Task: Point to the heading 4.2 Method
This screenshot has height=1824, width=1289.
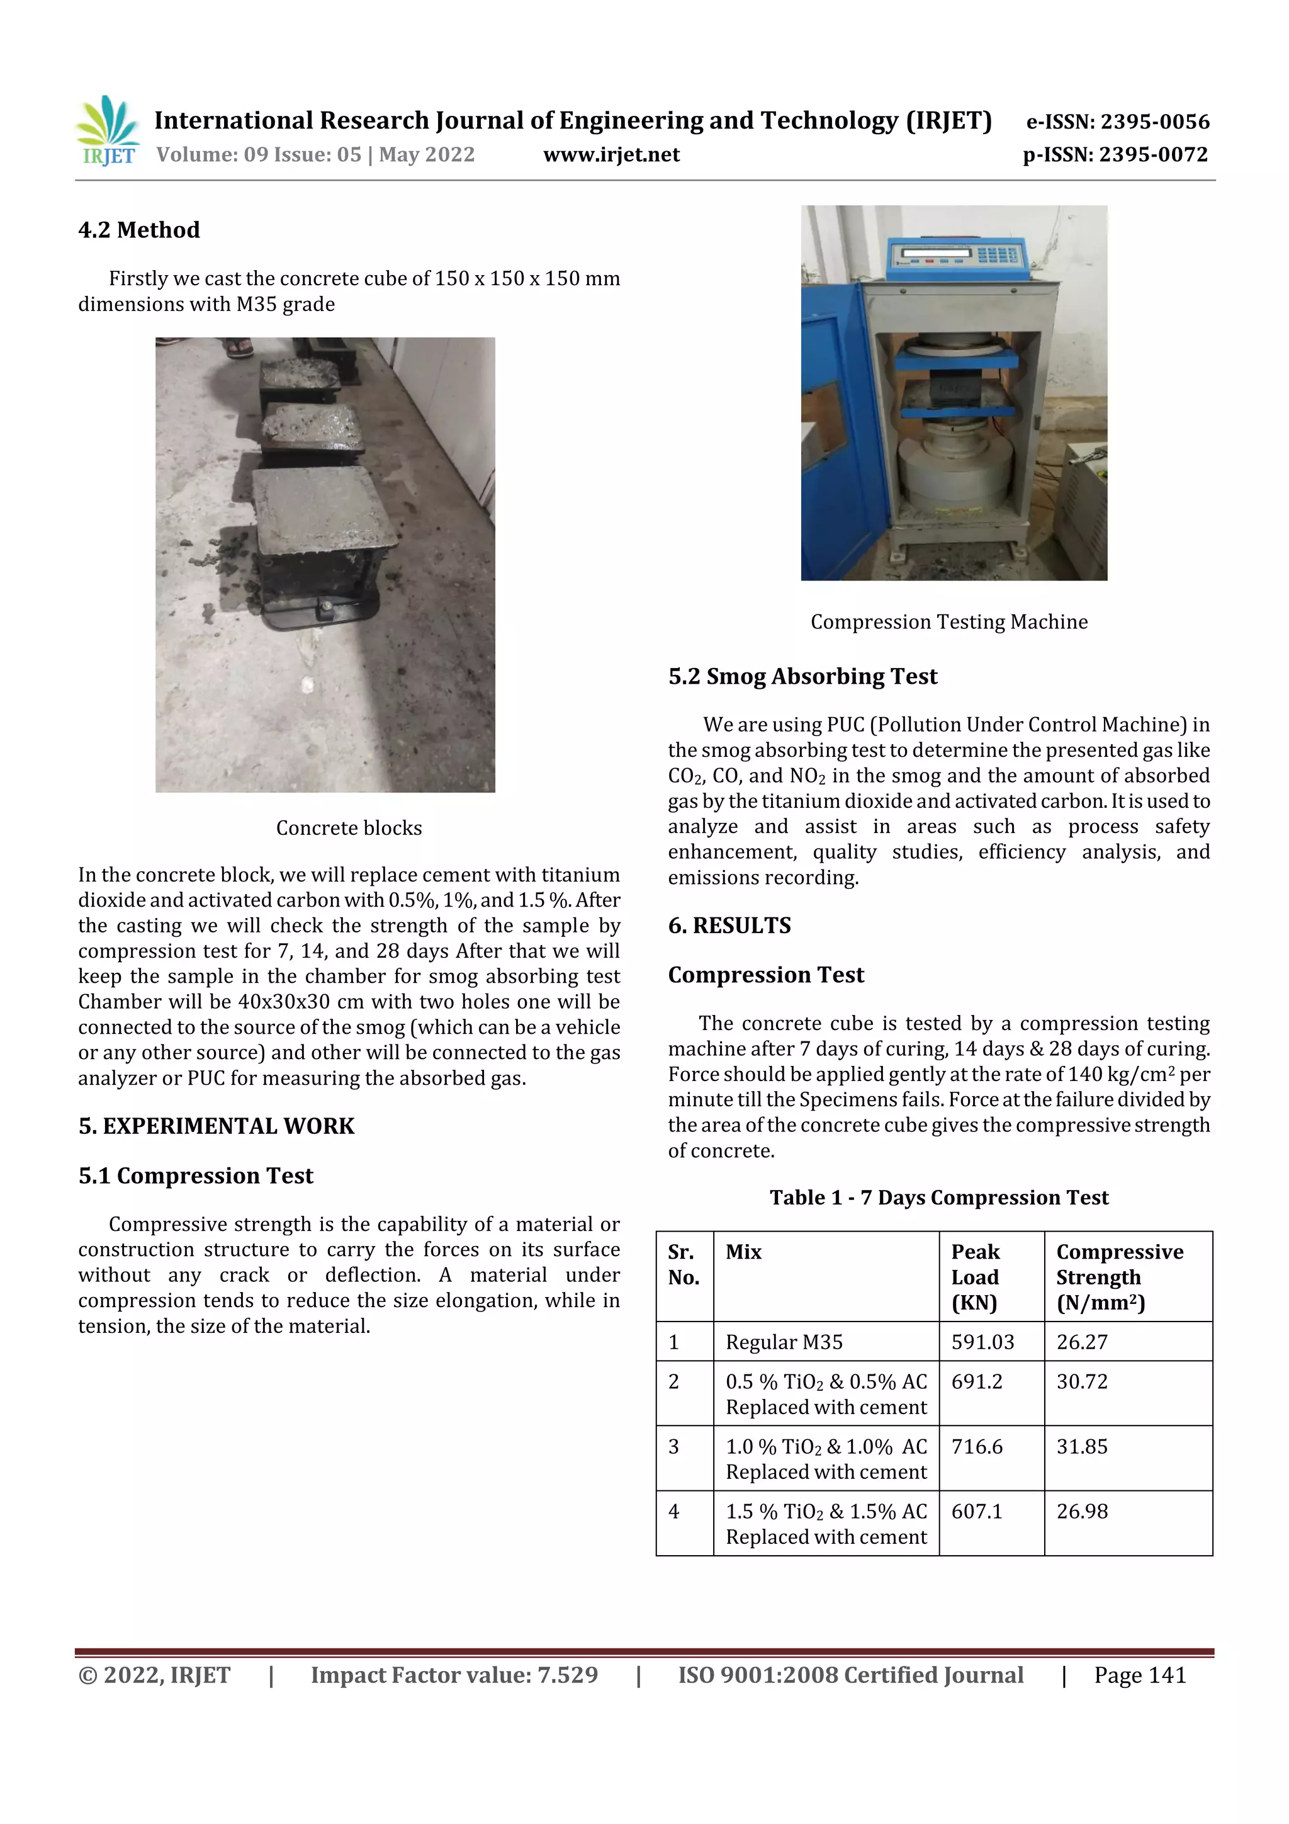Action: pos(139,230)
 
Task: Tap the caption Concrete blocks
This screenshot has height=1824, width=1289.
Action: pos(349,828)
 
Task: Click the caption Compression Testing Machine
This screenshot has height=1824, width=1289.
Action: pos(948,622)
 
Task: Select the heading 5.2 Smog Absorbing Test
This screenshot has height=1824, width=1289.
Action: pos(802,676)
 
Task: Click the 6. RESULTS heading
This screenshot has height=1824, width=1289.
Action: pos(729,926)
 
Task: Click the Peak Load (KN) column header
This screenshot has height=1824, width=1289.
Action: pos(976,1277)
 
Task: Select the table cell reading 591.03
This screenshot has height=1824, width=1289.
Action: pos(982,1342)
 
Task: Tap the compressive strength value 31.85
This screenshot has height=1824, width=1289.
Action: pos(1081,1447)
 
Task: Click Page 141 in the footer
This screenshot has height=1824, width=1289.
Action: pos(1139,1675)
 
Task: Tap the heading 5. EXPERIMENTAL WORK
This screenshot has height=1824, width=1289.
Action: pos(216,1126)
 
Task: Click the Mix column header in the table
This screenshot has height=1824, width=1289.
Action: pos(743,1252)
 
